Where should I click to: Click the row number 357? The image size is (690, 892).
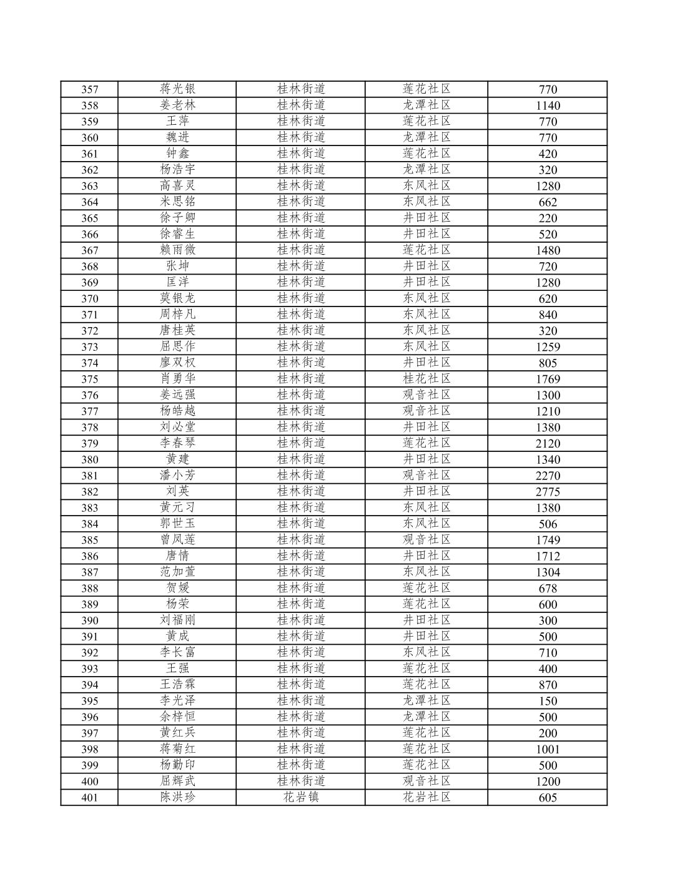tap(90, 89)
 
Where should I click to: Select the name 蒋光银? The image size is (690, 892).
tap(177, 89)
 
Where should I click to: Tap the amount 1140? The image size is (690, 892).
tap(548, 105)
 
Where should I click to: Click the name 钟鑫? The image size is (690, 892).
tap(177, 154)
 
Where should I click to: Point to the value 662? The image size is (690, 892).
tap(548, 202)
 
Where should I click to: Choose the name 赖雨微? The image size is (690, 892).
tap(177, 250)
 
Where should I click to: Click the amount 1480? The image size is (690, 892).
tap(548, 250)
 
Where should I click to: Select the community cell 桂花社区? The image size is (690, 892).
tap(426, 379)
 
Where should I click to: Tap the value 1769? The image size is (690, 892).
tap(548, 380)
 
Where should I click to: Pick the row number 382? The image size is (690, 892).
tap(90, 492)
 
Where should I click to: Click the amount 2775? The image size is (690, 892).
tap(548, 492)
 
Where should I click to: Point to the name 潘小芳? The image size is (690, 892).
tap(177, 476)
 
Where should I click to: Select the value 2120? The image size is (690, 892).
tap(548, 444)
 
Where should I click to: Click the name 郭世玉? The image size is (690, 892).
tap(177, 524)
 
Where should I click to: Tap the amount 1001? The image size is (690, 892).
tap(548, 750)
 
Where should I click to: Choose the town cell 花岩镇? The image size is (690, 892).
tap(301, 797)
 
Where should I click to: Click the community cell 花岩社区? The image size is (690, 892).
tap(426, 797)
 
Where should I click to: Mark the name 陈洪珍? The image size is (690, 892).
tap(177, 797)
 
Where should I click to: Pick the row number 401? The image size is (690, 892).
tap(90, 798)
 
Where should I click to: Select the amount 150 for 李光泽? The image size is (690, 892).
tap(548, 701)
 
